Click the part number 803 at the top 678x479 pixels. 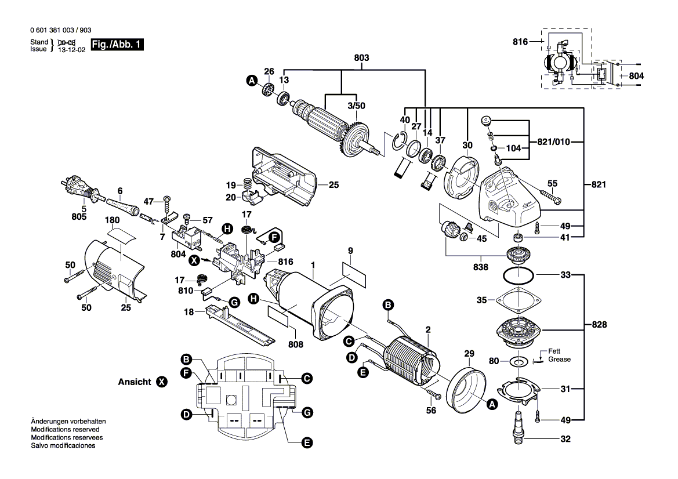361,58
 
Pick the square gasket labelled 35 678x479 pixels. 517,301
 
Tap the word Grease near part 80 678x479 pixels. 559,360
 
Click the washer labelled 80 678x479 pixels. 518,361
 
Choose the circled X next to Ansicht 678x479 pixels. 161,383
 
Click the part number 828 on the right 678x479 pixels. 599,325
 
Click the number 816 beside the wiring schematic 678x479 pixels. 520,42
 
